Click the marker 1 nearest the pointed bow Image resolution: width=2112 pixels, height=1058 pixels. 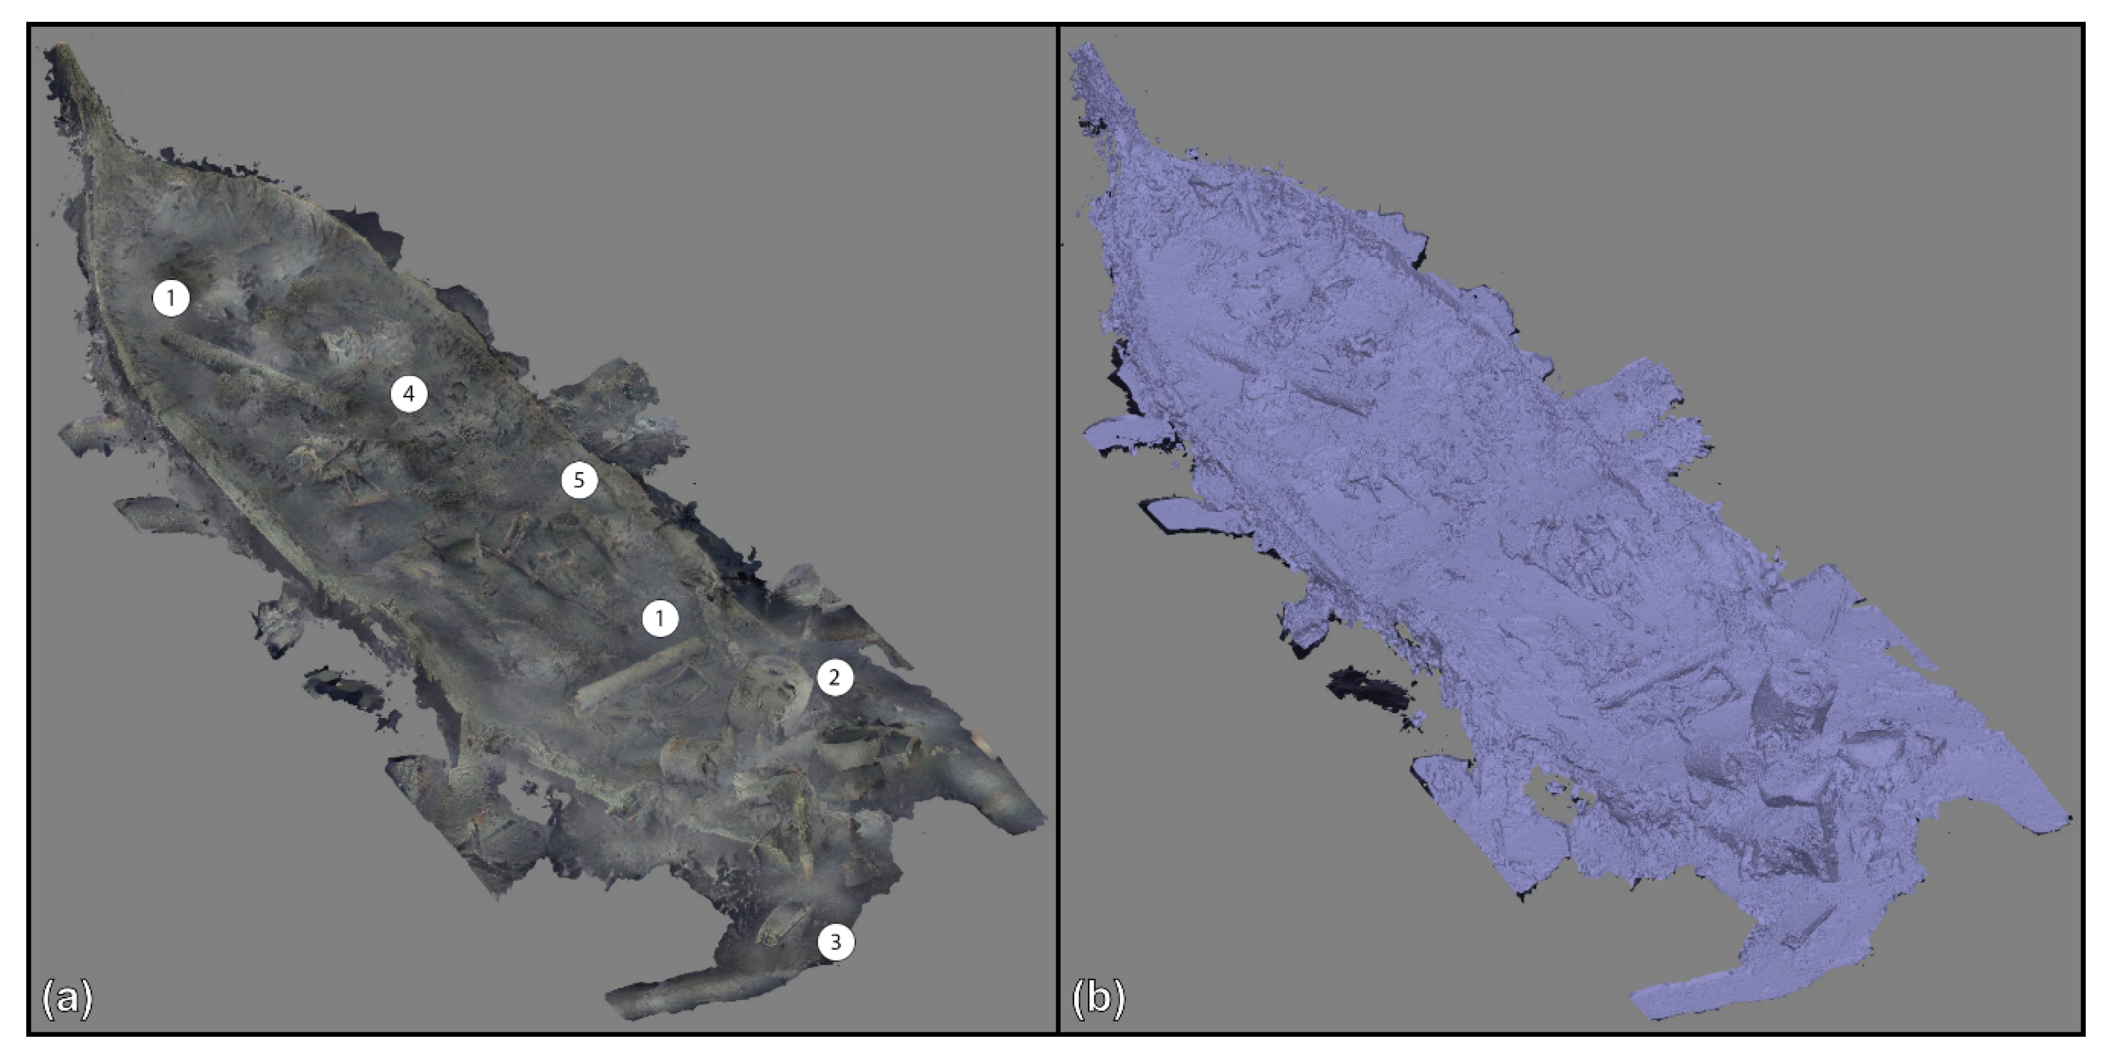(x=171, y=298)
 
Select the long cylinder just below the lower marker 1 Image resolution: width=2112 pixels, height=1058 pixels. (x=640, y=674)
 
